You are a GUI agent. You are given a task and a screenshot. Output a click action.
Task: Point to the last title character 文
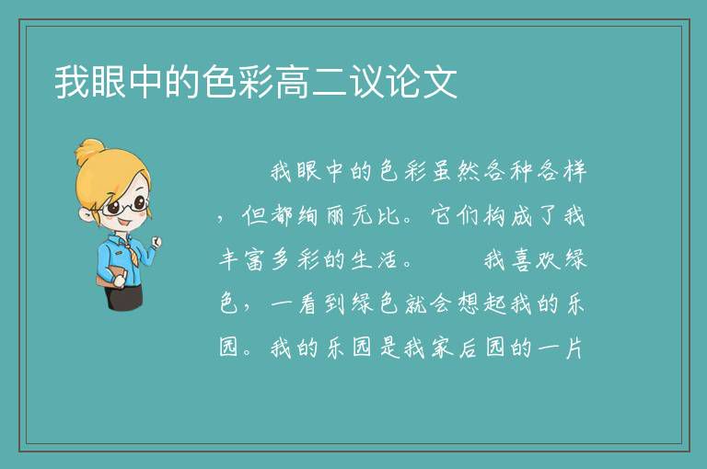(x=440, y=82)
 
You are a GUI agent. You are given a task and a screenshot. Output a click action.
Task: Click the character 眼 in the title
(x=109, y=82)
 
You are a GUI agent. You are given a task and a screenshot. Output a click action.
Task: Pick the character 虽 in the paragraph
(x=442, y=171)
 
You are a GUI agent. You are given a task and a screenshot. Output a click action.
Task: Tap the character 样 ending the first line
(x=574, y=171)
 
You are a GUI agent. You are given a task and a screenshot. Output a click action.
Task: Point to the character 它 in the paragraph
(x=442, y=215)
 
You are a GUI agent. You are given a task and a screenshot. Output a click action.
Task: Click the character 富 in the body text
(x=256, y=260)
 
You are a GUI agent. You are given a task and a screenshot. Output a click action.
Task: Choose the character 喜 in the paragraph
(x=522, y=260)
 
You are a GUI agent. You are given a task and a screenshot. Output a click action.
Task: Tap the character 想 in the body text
(x=469, y=304)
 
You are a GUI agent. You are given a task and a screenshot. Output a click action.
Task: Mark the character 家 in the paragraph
(x=442, y=349)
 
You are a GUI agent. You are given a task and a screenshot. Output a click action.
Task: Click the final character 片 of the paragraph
(x=574, y=349)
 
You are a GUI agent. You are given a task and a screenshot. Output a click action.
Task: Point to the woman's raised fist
(x=156, y=243)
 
